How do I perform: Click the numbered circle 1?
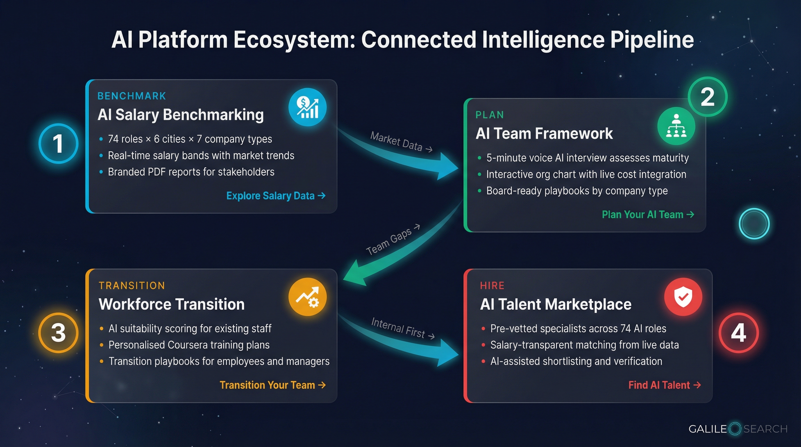coord(58,143)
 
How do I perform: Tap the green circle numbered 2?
coord(707,97)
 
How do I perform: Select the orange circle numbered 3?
coord(58,333)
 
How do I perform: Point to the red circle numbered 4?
coord(738,333)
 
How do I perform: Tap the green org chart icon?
coord(676,126)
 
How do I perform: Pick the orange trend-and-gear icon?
coord(307,297)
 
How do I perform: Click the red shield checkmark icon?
coord(683,297)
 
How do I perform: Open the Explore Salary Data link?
coord(276,196)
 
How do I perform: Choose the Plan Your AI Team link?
coord(648,214)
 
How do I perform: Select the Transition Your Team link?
coord(272,385)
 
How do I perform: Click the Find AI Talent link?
coord(664,385)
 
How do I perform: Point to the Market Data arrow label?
coord(400,142)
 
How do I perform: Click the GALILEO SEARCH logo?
coord(738,429)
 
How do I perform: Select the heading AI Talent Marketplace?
coord(556,304)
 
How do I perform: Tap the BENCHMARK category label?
coord(132,96)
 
